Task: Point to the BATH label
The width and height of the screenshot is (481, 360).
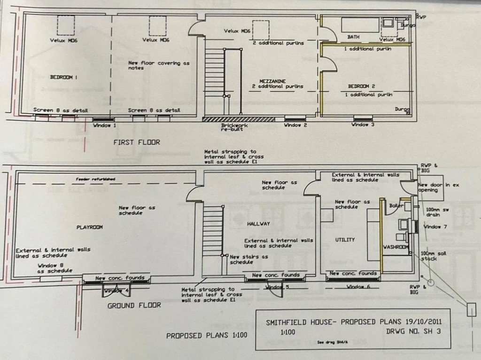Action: [353, 37]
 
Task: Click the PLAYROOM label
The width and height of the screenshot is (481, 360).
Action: [89, 227]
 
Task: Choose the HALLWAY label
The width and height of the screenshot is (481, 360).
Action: [258, 224]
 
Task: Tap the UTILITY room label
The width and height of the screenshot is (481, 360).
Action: [345, 240]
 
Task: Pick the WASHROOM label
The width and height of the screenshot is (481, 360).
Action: [396, 247]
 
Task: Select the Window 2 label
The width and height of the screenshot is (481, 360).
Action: [295, 125]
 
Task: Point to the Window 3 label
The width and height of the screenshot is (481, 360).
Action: [363, 125]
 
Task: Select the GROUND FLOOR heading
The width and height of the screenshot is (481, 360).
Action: [134, 305]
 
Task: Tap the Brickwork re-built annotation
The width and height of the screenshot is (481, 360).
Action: [234, 128]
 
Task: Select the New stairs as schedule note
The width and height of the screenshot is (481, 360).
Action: [249, 259]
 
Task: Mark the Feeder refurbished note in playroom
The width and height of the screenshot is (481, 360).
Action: [96, 179]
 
